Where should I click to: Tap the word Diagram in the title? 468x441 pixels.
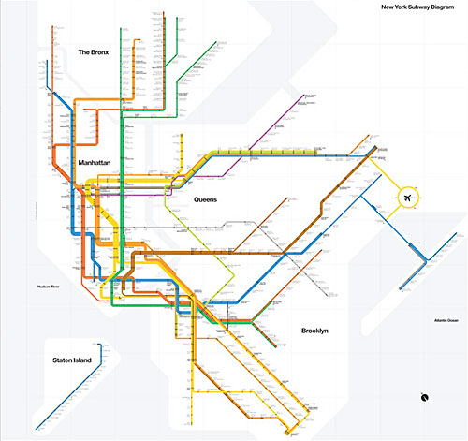[x=441, y=8]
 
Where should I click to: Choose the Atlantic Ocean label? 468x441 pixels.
[x=434, y=321]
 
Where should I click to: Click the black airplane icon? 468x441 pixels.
[x=409, y=198]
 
